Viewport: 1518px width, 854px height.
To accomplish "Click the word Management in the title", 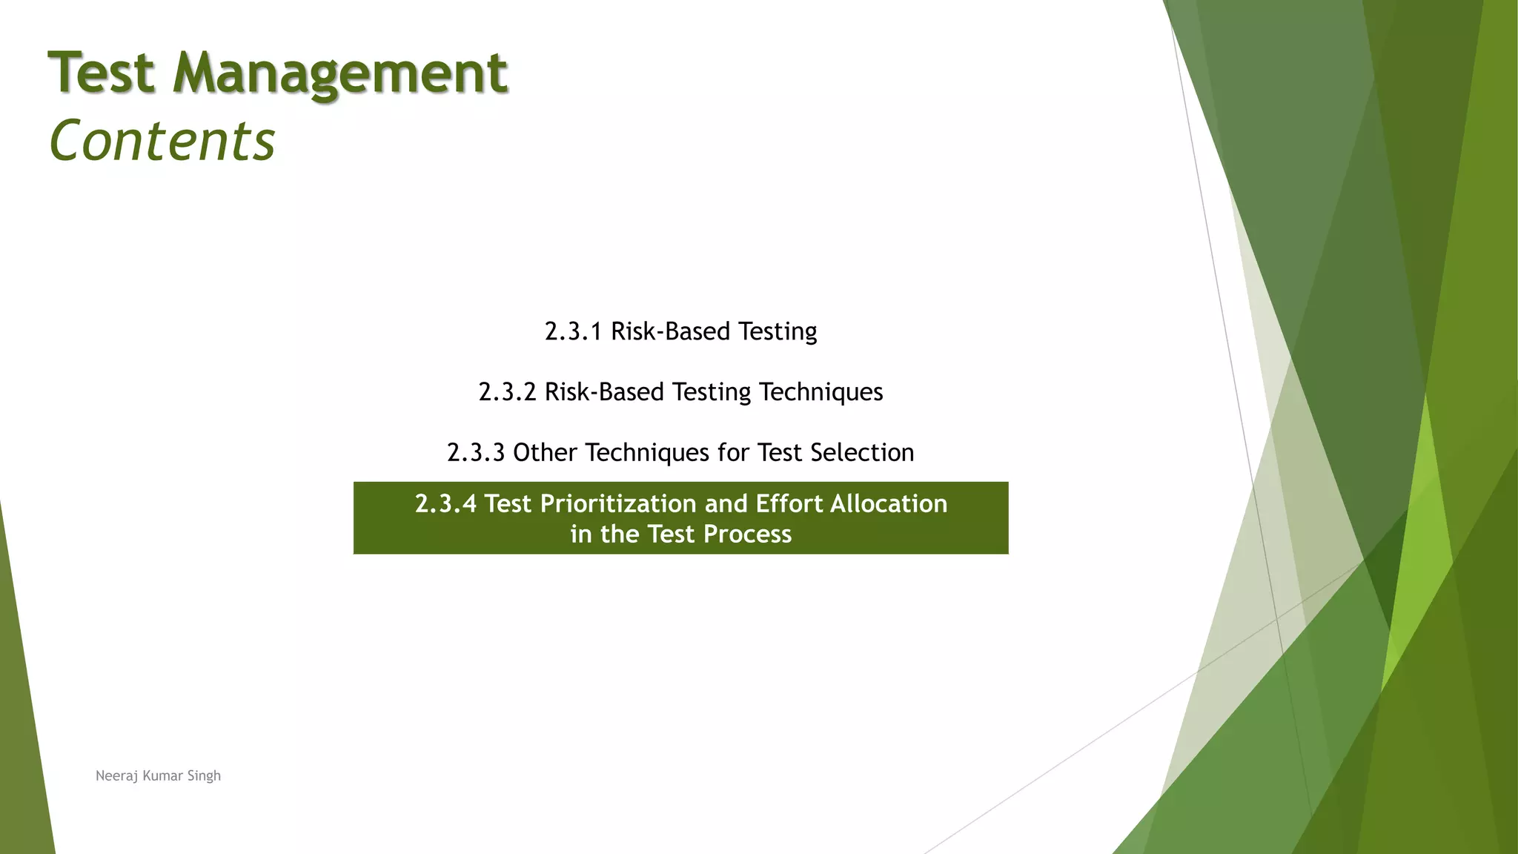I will [340, 73].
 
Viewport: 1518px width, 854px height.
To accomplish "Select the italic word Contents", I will [162, 140].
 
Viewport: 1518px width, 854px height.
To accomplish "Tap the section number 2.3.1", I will [573, 331].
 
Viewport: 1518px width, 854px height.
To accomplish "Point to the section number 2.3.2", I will [507, 392].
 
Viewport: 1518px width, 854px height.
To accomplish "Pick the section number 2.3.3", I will [476, 453].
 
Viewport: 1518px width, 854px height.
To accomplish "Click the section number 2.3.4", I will [445, 504].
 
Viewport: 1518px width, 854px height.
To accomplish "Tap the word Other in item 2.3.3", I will [545, 453].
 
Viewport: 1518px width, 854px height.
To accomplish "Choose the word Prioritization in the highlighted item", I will [618, 504].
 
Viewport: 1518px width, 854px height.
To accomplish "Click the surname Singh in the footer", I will [204, 776].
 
